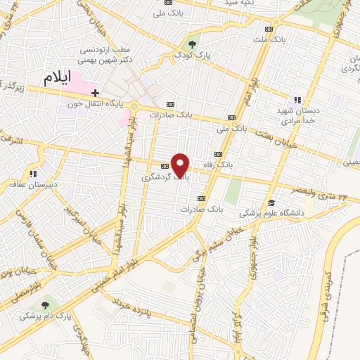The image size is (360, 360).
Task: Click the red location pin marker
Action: [181, 165]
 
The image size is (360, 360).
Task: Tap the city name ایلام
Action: [58, 79]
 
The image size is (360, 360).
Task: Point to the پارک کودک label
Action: [193, 54]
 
